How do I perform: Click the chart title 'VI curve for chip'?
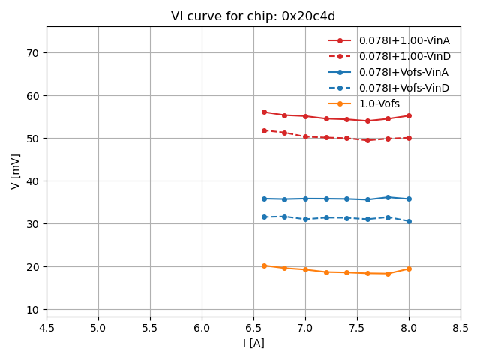click(253, 16)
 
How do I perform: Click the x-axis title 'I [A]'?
click(253, 343)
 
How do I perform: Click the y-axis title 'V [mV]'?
click(16, 171)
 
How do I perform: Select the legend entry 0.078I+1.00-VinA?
click(404, 40)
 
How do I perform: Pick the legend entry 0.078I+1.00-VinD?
click(404, 56)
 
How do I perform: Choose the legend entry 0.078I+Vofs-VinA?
click(403, 72)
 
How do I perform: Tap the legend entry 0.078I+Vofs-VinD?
click(403, 88)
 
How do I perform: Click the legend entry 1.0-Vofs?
click(379, 103)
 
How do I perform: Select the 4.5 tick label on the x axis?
click(46, 328)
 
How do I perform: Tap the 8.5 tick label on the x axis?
click(460, 328)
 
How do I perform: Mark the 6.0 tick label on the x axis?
click(202, 328)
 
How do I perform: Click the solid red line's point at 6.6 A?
click(264, 112)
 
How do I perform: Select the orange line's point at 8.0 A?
click(409, 268)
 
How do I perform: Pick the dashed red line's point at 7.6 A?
click(367, 140)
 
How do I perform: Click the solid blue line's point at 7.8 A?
click(388, 197)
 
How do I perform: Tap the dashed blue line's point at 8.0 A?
click(409, 221)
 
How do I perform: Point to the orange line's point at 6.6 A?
click(264, 265)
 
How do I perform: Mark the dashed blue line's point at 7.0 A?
click(305, 219)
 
